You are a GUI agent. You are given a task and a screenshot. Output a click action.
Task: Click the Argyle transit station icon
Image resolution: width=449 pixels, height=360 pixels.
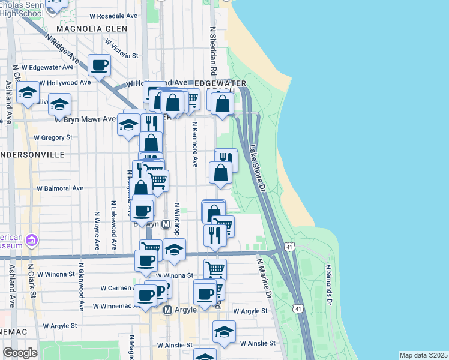click(x=168, y=310)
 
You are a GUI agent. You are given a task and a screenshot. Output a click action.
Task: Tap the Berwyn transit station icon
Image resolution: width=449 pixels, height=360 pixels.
click(x=167, y=224)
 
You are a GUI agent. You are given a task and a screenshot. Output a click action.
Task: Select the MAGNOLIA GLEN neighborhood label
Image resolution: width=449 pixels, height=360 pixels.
click(x=92, y=28)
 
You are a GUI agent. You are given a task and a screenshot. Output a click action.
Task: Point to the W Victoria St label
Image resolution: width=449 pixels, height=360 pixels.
click(x=121, y=49)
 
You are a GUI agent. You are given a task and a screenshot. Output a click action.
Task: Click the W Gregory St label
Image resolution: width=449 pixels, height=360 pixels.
click(x=53, y=137)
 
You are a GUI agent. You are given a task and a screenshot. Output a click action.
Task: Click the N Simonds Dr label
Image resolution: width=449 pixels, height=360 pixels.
click(x=328, y=285)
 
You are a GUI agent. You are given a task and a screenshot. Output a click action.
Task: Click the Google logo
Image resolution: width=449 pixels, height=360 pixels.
click(x=20, y=353)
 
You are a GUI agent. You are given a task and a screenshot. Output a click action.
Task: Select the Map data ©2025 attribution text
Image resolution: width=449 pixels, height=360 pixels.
click(x=423, y=355)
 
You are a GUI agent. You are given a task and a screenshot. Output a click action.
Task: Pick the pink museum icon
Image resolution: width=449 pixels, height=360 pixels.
click(x=32, y=241)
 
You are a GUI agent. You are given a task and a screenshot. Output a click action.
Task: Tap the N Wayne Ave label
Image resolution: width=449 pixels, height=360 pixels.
click(x=97, y=230)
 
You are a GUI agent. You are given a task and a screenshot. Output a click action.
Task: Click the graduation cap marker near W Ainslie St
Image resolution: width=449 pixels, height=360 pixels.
click(x=224, y=331)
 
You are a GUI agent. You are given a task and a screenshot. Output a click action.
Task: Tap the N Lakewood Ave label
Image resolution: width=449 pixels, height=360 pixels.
click(x=113, y=230)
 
